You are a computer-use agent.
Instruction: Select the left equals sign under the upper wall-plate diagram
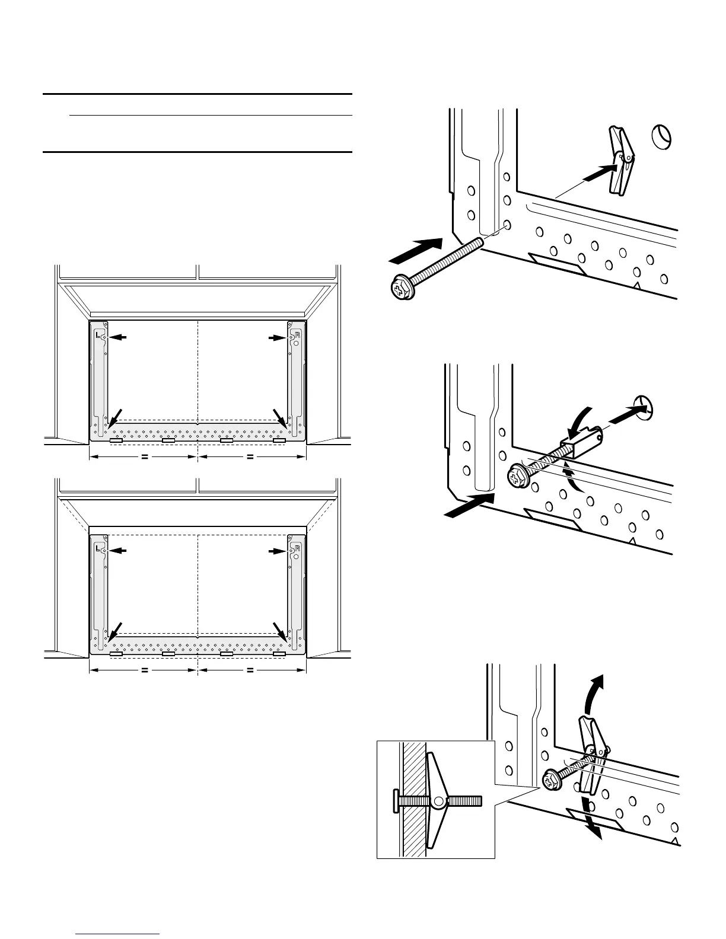coord(144,457)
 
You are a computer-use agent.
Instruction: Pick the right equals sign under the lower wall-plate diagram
coord(250,671)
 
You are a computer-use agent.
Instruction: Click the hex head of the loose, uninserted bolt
coord(400,289)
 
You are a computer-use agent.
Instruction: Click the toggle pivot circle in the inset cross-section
coord(439,801)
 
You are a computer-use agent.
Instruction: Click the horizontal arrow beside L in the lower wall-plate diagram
coord(120,551)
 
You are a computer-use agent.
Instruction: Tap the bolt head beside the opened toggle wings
coord(551,780)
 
